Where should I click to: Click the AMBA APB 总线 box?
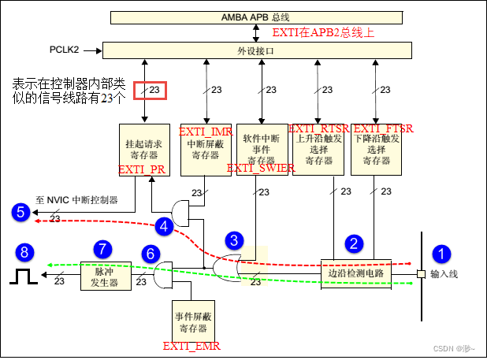point(255,17)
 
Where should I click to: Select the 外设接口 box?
point(255,50)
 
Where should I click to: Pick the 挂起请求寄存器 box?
point(143,147)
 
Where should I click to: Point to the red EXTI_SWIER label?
point(261,168)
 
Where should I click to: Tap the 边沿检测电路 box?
point(355,273)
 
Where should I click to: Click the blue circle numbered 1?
point(443,254)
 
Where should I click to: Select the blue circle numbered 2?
point(355,243)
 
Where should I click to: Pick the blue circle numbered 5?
point(20,211)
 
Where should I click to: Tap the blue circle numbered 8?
point(27,252)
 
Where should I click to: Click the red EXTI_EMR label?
point(191,346)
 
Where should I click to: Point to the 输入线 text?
point(444,274)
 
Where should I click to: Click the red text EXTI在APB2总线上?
point(323,33)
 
